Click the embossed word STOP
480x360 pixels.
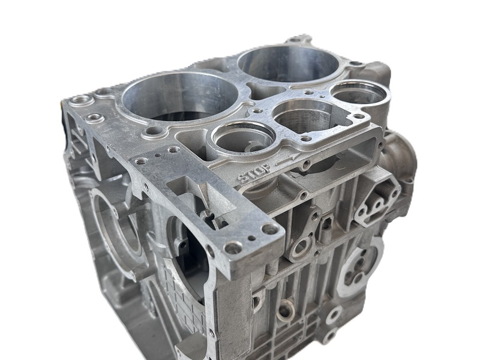click(x=253, y=176)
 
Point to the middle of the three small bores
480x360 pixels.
click(x=302, y=115)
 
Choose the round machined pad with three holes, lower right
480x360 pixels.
click(x=360, y=270)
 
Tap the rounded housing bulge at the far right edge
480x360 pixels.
click(x=401, y=157)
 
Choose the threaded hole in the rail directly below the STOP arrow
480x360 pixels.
click(x=307, y=163)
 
